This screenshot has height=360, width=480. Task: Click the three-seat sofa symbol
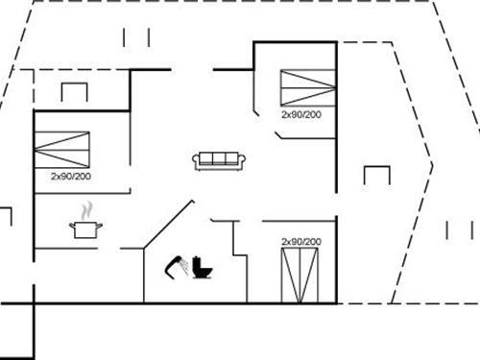(220, 160)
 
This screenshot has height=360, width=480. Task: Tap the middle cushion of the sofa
(220, 158)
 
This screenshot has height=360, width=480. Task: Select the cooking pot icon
(85, 228)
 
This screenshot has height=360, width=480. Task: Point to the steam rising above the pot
(86, 210)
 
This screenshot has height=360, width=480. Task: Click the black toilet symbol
(203, 267)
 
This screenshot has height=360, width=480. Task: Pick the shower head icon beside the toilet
(177, 264)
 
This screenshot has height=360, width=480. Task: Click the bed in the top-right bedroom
(306, 86)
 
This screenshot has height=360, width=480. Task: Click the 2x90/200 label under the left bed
(70, 177)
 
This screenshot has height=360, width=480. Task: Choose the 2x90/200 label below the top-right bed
(300, 113)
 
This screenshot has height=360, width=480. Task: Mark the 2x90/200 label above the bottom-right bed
(300, 241)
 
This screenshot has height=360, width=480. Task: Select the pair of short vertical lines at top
(137, 36)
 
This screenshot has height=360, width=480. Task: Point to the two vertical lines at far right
(460, 230)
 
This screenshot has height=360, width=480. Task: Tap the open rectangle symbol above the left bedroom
(75, 92)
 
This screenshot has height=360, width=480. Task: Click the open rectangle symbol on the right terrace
(377, 176)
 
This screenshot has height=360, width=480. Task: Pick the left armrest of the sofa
(196, 161)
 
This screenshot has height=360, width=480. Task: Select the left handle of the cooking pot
(72, 226)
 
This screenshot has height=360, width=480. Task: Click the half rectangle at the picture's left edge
(5, 218)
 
